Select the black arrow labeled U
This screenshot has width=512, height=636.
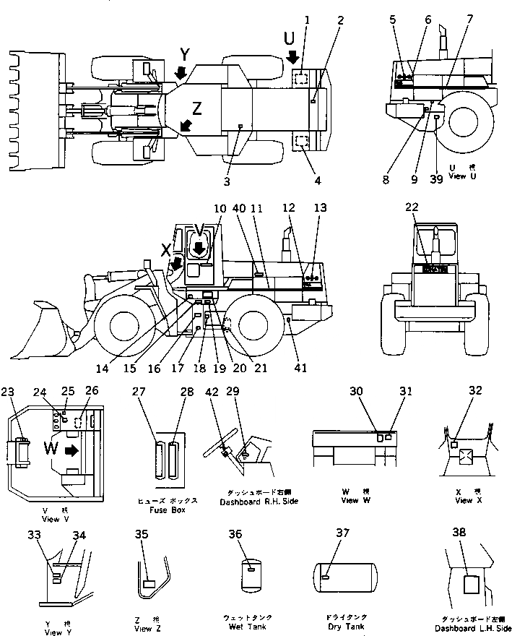(x=292, y=57)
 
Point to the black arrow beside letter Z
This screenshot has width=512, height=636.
(x=186, y=126)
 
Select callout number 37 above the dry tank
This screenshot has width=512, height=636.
(x=341, y=533)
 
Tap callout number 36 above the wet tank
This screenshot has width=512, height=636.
(x=254, y=534)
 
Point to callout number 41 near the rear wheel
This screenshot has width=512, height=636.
(x=300, y=368)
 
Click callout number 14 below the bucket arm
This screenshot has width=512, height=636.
(x=105, y=368)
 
